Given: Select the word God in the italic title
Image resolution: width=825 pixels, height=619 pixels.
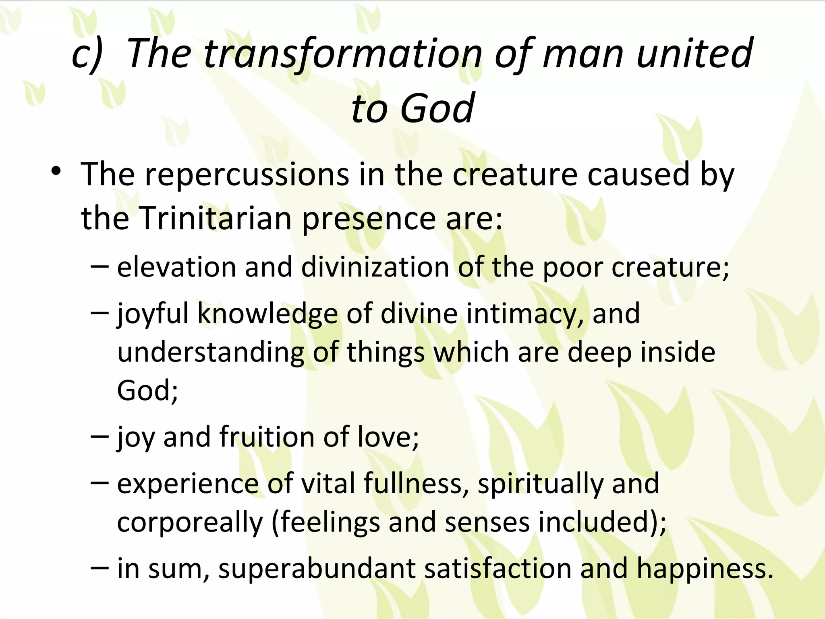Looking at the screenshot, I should click(437, 108).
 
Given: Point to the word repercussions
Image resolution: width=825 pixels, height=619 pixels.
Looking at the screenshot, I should click(247, 174).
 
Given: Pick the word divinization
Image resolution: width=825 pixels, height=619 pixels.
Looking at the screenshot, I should click(375, 267).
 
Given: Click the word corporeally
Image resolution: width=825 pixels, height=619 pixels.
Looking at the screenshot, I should click(190, 522).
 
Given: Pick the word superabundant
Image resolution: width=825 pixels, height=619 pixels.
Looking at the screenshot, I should click(316, 569).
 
